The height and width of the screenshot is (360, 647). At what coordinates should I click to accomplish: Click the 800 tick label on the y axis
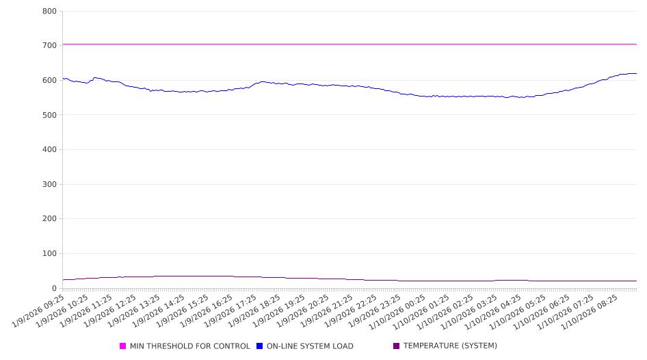[x=49, y=11]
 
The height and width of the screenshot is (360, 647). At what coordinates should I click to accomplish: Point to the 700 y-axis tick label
[x=49, y=45]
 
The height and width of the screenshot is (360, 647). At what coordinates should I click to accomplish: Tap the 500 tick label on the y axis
[x=49, y=115]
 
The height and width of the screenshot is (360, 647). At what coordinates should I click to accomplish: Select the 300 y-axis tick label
[x=49, y=184]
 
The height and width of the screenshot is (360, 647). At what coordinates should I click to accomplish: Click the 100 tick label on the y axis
[x=49, y=254]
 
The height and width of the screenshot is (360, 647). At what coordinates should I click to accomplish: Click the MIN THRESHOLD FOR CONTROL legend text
[x=189, y=346]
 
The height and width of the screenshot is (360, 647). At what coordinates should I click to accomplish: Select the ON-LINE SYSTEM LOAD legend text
[x=310, y=346]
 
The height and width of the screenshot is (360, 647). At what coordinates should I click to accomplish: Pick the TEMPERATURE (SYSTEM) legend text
[x=450, y=346]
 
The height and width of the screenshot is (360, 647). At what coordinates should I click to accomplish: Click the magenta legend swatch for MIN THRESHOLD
[x=123, y=346]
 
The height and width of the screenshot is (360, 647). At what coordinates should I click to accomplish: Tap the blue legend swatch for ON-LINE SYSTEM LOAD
[x=260, y=346]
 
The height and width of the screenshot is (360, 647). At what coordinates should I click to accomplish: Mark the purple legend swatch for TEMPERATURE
[x=397, y=346]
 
